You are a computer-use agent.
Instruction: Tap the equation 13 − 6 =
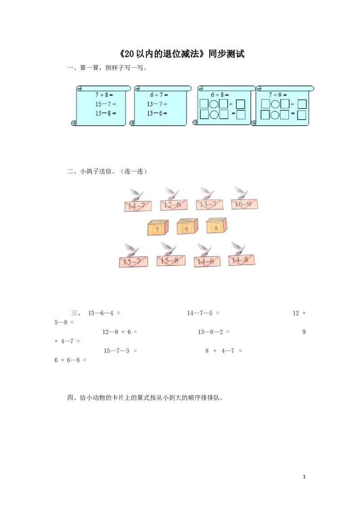[x=157, y=113]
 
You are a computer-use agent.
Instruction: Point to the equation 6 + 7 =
[x=158, y=95]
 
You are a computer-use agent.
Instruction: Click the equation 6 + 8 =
[x=220, y=95]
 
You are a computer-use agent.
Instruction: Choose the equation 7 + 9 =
[x=278, y=95]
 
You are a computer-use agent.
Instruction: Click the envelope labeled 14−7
[x=138, y=206]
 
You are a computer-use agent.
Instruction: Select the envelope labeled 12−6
[x=174, y=205]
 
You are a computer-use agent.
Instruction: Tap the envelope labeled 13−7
[x=210, y=205]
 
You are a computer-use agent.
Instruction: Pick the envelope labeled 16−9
[x=244, y=204]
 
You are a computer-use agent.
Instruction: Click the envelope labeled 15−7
[x=133, y=261]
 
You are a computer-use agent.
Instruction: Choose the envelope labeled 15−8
[x=171, y=260]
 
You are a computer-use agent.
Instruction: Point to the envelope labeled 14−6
[x=207, y=261]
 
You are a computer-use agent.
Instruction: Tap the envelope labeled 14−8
[x=242, y=260]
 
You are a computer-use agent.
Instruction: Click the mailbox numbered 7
[x=157, y=228]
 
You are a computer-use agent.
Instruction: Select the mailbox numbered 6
[x=187, y=227]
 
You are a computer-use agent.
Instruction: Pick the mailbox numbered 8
[x=216, y=226]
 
